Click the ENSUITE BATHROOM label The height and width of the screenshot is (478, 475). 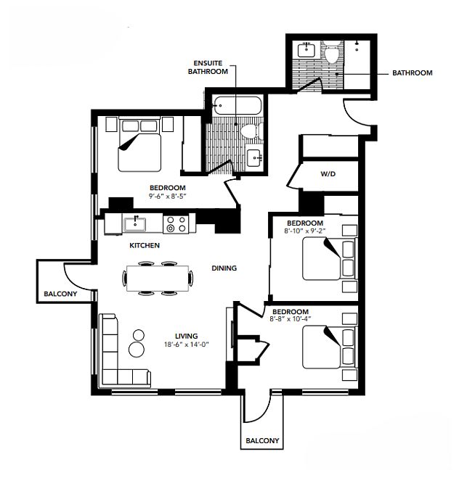click(x=207, y=67)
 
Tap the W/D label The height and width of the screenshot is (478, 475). click(x=327, y=174)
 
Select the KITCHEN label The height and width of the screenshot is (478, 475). click(x=145, y=245)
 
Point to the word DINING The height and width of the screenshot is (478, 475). click(x=224, y=268)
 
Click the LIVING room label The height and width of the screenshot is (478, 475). click(x=187, y=335)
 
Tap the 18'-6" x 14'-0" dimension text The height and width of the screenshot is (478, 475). click(x=187, y=345)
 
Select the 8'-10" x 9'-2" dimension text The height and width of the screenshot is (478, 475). click(x=304, y=231)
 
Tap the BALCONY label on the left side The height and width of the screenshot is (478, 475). click(x=57, y=294)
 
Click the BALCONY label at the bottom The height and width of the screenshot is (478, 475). click(x=261, y=440)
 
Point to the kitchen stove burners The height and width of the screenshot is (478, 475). click(x=175, y=224)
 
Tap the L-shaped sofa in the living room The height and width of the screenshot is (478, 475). click(x=114, y=359)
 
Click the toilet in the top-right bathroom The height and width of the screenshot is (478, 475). click(x=333, y=54)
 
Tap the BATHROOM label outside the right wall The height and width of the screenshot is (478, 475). click(x=412, y=73)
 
